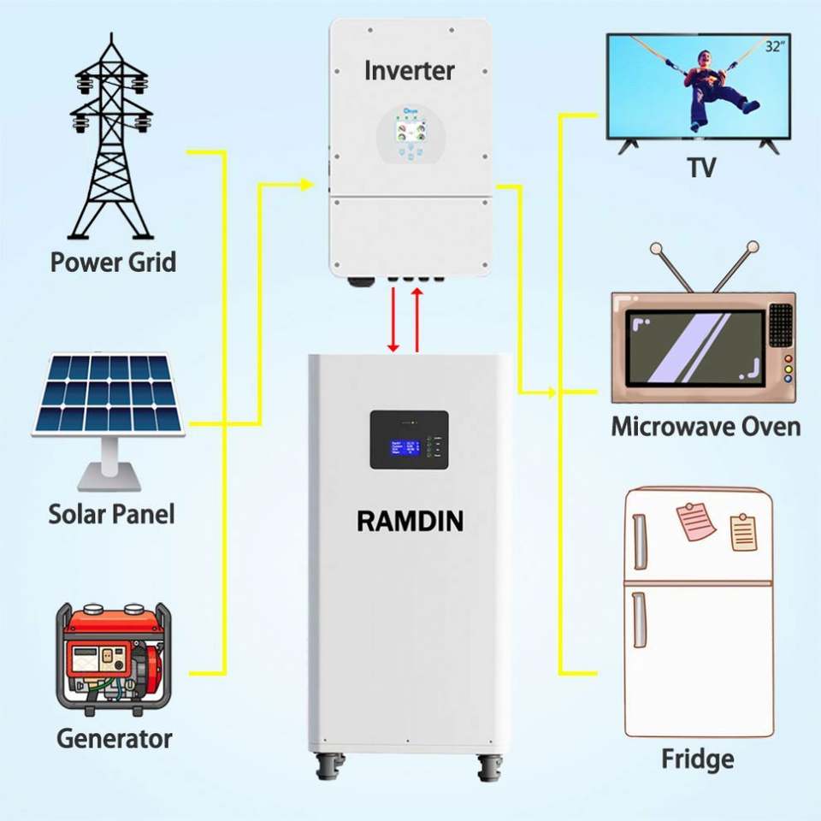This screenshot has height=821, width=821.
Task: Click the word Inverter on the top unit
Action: pos(409,70)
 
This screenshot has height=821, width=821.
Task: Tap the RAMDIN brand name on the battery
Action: pos(410,520)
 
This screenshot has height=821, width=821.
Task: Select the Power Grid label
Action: pos(113,262)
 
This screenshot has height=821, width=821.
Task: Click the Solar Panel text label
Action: pos(111,514)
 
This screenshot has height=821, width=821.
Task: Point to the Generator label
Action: pos(114,738)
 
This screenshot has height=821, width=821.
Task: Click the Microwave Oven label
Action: pos(705,426)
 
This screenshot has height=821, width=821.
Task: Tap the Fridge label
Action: pos(697,759)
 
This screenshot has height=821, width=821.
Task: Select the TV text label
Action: pos(700,168)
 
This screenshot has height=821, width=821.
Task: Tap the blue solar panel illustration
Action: pos(109,394)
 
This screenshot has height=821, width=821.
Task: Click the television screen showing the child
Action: pos(697,86)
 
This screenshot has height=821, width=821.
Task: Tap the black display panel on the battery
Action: pos(409,440)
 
